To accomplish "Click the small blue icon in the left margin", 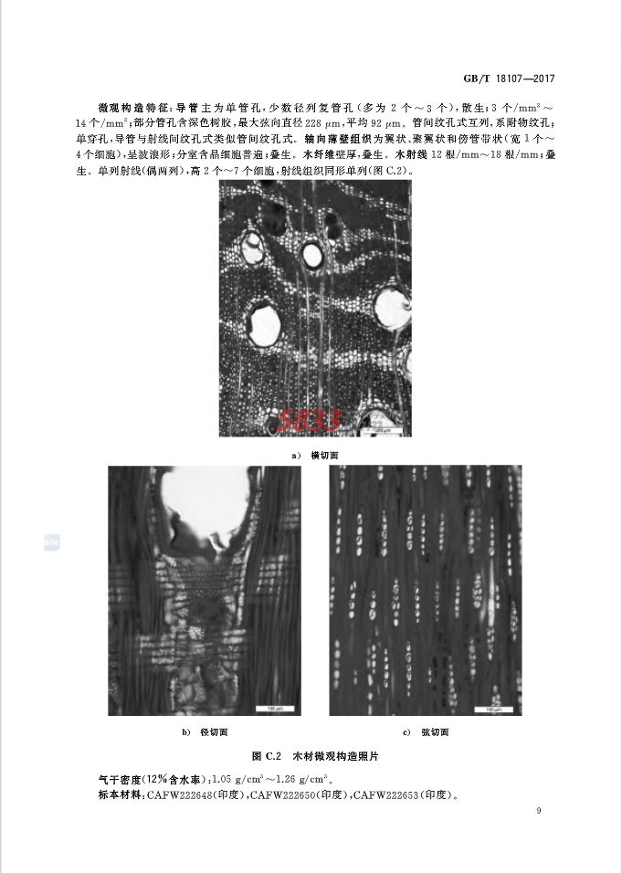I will pyautogui.click(x=51, y=542).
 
